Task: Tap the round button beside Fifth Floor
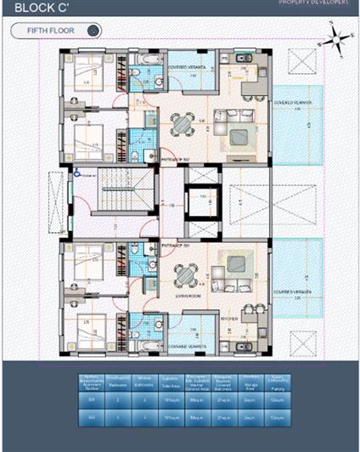[93, 31]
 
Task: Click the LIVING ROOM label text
[185, 297]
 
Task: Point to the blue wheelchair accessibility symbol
[77, 172]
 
